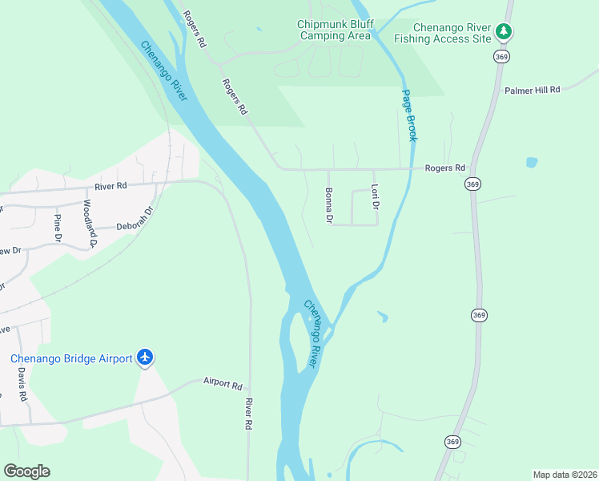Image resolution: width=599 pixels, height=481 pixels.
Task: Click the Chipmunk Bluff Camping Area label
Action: tap(335, 30)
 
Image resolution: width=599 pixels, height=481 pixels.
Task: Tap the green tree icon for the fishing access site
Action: tap(503, 31)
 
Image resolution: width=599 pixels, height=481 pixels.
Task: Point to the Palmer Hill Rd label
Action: tap(532, 90)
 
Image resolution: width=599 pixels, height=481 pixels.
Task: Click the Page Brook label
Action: tap(409, 115)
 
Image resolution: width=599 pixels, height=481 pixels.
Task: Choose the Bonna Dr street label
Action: tap(328, 204)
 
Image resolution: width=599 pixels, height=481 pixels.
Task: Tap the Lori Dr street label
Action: tap(374, 197)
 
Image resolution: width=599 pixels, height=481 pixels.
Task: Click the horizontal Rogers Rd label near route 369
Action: tap(444, 168)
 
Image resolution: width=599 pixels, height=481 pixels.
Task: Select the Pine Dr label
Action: tap(58, 228)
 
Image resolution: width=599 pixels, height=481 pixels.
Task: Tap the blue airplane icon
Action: tap(145, 357)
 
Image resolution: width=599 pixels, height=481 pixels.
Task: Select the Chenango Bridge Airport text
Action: tap(70, 358)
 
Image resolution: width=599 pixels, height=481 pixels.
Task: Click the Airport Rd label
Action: tap(222, 384)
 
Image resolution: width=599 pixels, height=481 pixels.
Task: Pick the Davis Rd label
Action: tap(22, 384)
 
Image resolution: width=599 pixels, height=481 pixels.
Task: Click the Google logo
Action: tap(26, 471)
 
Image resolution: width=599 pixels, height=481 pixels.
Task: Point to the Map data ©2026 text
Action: tap(564, 474)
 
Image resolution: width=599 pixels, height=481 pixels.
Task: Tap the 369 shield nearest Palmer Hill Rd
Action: tap(502, 56)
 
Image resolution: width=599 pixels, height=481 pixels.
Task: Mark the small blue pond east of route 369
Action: tap(532, 163)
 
